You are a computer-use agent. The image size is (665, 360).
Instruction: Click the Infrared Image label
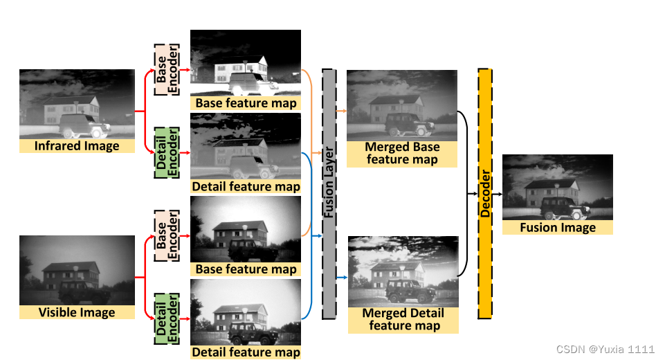click(77, 146)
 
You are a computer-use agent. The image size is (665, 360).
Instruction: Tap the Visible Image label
click(77, 312)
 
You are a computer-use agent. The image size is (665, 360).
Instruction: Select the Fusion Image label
click(558, 227)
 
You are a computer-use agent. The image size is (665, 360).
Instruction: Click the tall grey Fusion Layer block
click(329, 194)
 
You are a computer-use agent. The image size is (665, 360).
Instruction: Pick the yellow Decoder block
click(485, 194)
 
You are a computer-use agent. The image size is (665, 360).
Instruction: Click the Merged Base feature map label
click(402, 153)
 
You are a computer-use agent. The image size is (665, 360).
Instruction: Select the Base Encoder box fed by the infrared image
click(165, 70)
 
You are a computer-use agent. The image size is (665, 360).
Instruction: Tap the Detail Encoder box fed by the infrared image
click(165, 152)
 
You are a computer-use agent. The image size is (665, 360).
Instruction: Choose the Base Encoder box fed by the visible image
click(165, 236)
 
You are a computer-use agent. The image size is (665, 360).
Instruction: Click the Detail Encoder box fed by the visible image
click(165, 318)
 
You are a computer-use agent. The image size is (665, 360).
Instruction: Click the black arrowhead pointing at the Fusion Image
click(499, 195)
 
